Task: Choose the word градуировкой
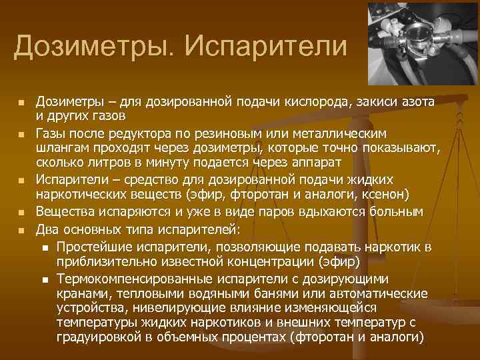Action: (100, 339)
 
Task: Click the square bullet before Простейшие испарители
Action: (44, 247)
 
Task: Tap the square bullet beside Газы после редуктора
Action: (21, 133)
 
